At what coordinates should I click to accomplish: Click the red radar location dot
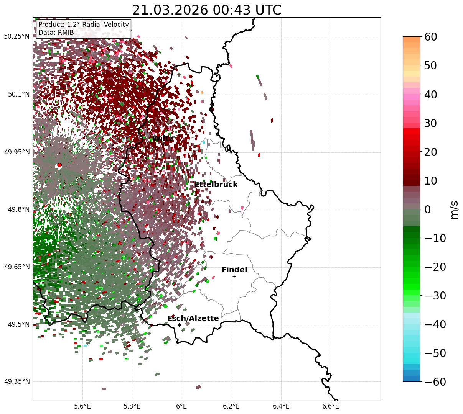59,165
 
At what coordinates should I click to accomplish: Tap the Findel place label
234,270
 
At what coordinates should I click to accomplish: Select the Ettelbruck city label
216,185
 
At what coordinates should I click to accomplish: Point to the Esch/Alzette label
193,319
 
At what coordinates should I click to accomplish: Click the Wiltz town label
163,139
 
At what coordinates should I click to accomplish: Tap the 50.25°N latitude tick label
17,37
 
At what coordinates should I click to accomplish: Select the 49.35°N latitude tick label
17,381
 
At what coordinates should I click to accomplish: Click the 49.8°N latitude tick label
18,209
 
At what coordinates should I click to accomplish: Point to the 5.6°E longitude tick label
82,406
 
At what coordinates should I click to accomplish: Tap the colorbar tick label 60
431,37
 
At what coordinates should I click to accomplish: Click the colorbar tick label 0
427,209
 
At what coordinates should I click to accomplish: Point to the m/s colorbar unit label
455,209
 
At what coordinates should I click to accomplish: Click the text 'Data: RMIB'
56,33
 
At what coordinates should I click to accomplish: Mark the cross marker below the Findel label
234,276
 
